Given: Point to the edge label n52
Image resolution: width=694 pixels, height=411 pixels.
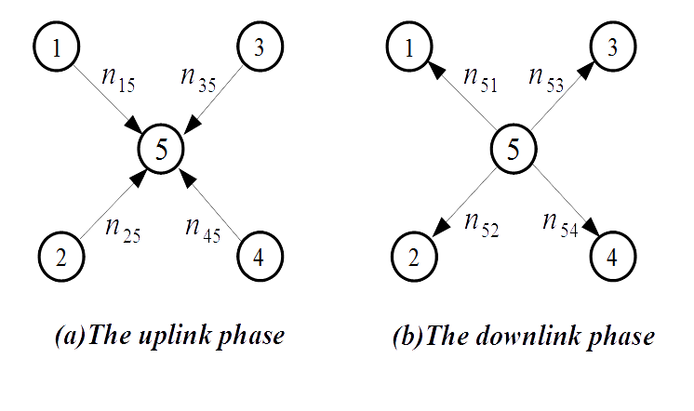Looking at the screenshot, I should pos(481,225).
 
